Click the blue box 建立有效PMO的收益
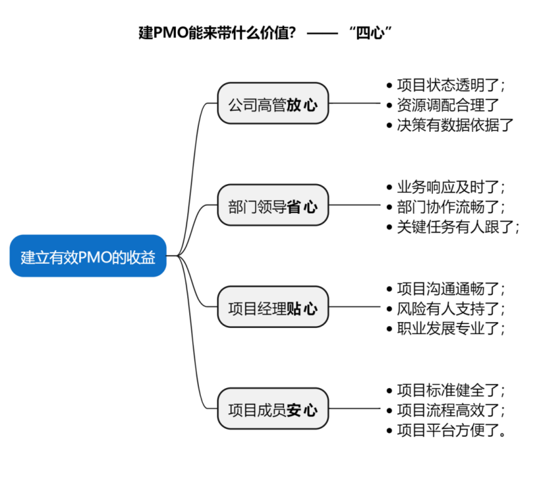88,256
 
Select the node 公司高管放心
273,104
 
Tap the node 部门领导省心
273,206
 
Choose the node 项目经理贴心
273,308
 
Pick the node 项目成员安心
273,409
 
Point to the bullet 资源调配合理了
447,104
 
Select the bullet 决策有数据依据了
454,124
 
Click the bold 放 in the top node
295,105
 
